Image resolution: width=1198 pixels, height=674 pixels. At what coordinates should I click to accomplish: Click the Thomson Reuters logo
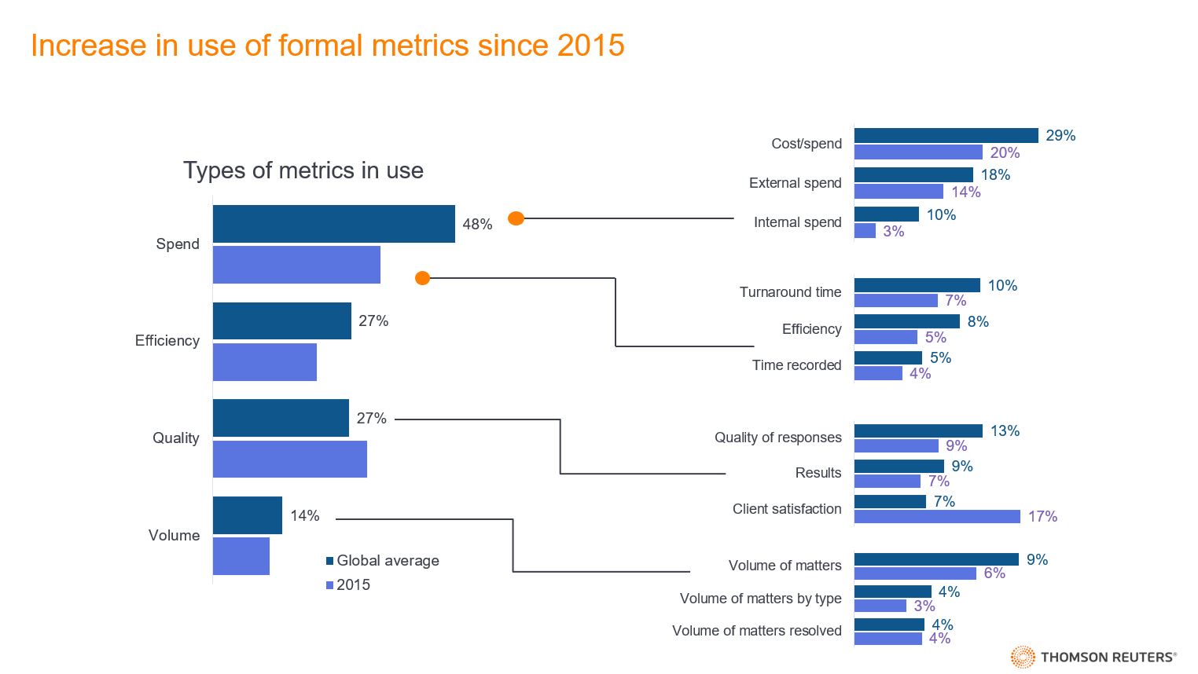coord(1093,657)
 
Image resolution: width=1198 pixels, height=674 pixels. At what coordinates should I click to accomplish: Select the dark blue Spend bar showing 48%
coord(333,224)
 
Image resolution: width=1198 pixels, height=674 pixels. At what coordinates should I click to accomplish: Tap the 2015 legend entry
coord(347,585)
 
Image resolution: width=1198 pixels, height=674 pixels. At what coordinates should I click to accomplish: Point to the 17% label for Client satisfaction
coord(1042,516)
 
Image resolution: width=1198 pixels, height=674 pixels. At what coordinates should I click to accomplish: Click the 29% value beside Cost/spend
coord(1060,135)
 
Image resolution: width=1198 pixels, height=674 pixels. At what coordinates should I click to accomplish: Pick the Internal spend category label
coord(797,222)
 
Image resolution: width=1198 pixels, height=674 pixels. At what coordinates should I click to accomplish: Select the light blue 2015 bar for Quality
coord(289,459)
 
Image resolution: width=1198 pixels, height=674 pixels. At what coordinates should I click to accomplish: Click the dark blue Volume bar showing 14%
coord(247,515)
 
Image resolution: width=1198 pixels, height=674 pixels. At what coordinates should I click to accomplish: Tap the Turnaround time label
coord(790,292)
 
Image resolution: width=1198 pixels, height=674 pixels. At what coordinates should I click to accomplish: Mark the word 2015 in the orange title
coord(590,46)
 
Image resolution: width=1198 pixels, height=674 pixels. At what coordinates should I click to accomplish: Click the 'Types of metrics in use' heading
coord(303,170)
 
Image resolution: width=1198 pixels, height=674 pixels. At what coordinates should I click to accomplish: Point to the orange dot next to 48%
coord(516,218)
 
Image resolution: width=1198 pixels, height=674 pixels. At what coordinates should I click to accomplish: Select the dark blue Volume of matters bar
coord(935,559)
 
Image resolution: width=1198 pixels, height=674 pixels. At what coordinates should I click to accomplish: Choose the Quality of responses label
coord(777,438)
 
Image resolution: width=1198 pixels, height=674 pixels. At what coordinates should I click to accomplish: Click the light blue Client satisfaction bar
coord(936,516)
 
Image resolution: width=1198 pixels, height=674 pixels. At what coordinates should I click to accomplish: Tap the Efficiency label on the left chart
coord(167,340)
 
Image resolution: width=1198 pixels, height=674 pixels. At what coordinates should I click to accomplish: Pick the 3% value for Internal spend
coord(893,231)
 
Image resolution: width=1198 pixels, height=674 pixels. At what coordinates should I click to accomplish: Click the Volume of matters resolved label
coord(756,631)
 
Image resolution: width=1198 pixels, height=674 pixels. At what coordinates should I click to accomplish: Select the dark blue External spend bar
coord(913,174)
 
